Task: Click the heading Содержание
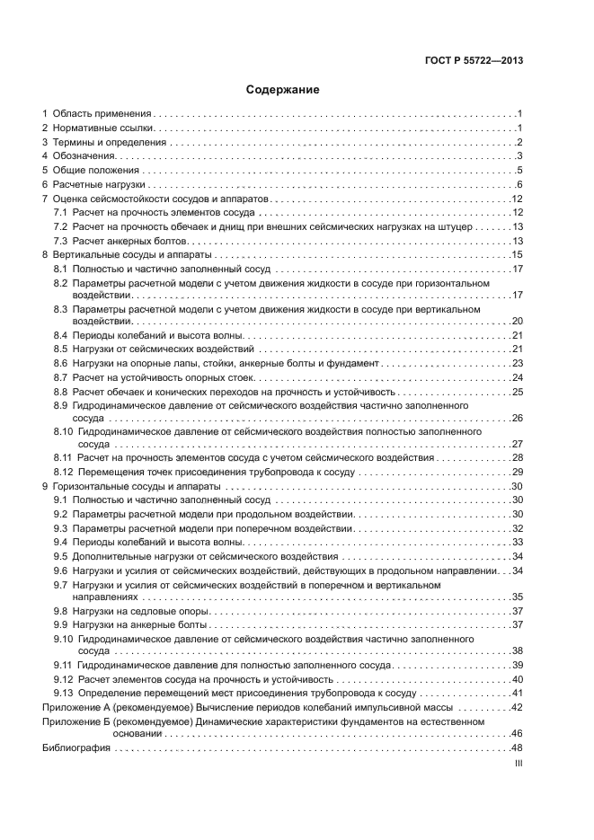click(282, 90)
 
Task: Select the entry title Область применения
click(102, 114)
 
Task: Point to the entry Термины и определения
click(110, 142)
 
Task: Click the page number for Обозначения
click(519, 156)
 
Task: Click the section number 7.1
click(60, 213)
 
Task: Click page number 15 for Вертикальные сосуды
click(518, 255)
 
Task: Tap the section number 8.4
click(60, 335)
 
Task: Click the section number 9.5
click(60, 556)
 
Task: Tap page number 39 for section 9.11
click(518, 665)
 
